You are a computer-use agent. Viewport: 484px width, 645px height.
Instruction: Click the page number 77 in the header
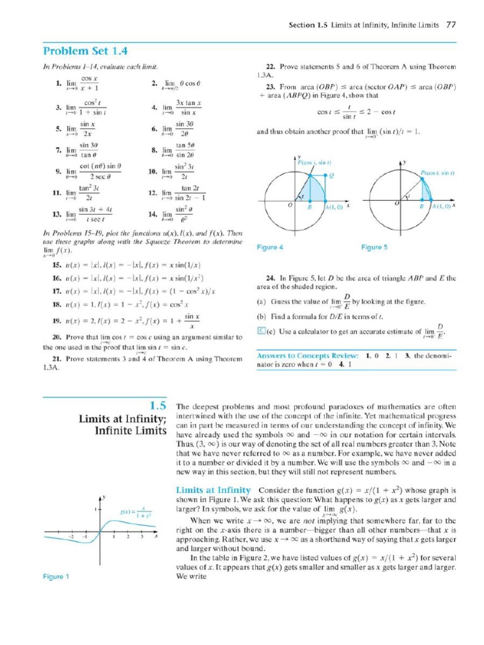[451, 25]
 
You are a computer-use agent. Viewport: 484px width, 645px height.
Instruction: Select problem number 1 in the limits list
[58, 83]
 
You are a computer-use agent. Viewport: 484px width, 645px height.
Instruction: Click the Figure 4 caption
[270, 248]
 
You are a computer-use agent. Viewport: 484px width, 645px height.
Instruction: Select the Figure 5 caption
[374, 248]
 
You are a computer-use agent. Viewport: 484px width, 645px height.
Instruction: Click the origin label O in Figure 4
[290, 205]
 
